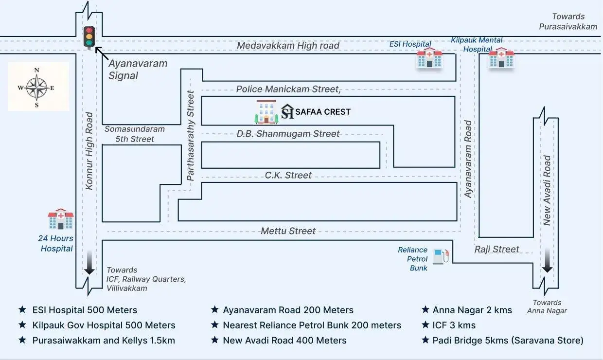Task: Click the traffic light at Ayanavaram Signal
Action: (89, 37)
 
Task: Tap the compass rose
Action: (37, 88)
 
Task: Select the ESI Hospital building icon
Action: (429, 58)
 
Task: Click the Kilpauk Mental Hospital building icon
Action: (501, 58)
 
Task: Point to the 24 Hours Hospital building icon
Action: (61, 219)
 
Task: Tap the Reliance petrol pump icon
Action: (441, 256)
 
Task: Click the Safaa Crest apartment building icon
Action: (266, 112)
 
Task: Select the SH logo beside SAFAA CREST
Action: (287, 111)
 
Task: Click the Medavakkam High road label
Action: (288, 45)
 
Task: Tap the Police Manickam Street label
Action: (288, 89)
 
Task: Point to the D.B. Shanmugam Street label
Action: (288, 134)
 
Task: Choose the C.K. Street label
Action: (288, 175)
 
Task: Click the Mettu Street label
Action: (288, 231)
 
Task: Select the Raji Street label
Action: (497, 250)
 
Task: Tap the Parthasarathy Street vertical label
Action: (191, 136)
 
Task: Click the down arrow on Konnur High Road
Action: (89, 263)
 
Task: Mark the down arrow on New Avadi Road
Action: (547, 261)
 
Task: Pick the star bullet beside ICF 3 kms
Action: (426, 324)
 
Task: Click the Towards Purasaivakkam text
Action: (568, 21)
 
